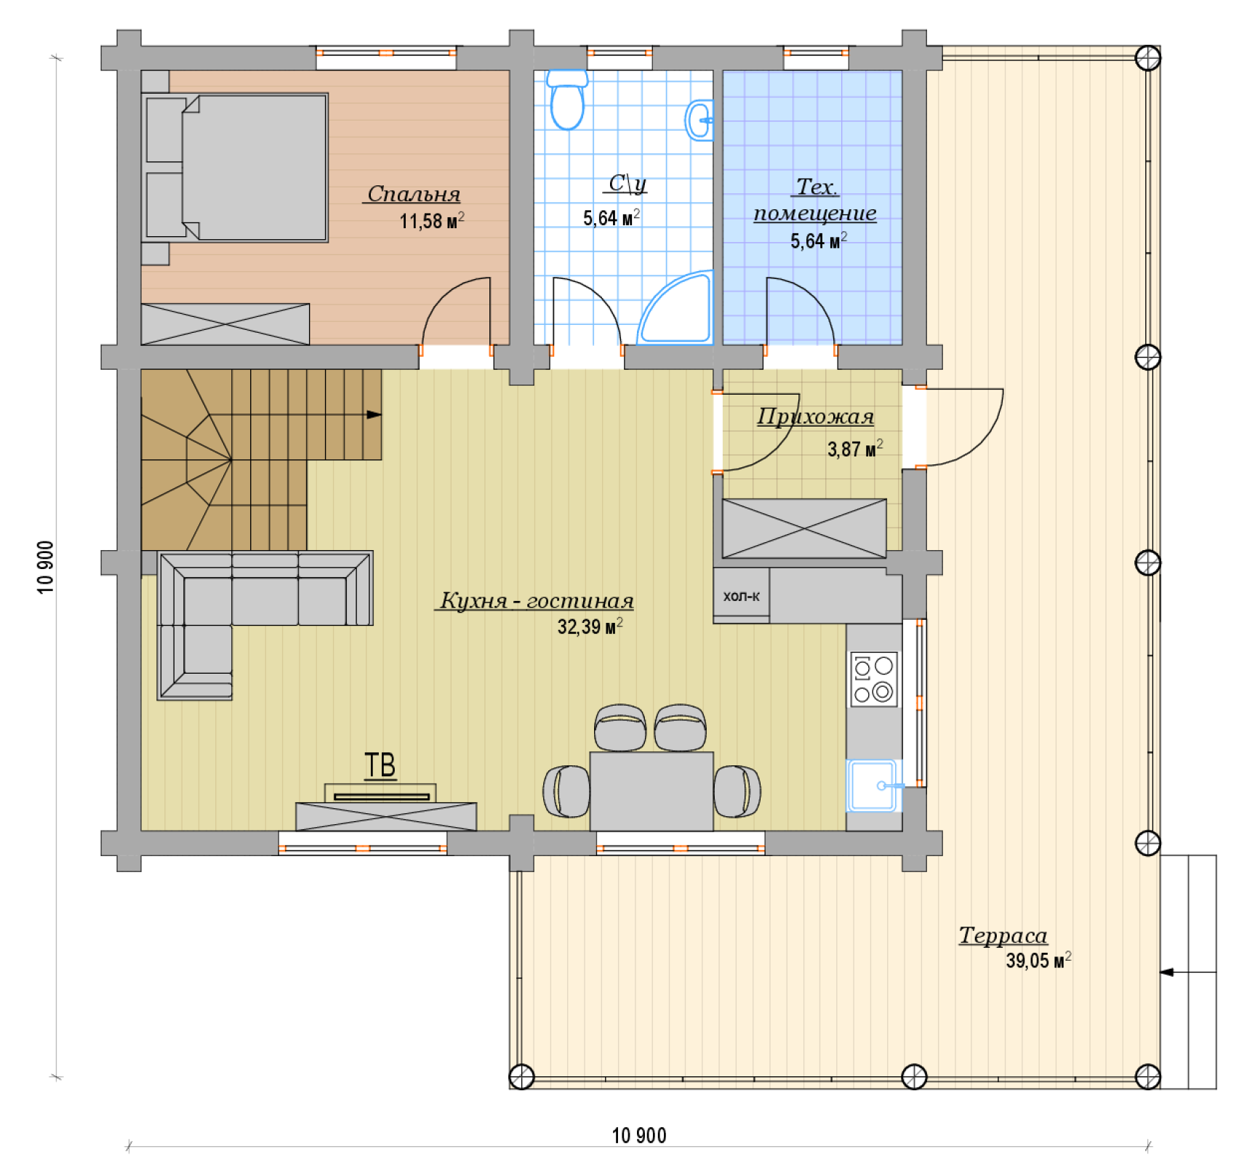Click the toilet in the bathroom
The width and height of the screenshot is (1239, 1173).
tap(567, 100)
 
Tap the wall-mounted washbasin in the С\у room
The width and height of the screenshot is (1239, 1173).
tap(699, 120)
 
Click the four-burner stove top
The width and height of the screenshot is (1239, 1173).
tap(874, 680)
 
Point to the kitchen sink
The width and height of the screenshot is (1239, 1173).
tap(873, 786)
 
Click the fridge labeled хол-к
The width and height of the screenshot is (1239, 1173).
tap(742, 596)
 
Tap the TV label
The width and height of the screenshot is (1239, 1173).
tap(380, 765)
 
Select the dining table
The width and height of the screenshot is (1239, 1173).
tap(651, 791)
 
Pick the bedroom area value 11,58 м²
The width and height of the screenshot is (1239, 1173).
tap(432, 220)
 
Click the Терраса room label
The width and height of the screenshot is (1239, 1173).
tap(1003, 935)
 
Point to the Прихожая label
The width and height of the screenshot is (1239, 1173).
tap(815, 416)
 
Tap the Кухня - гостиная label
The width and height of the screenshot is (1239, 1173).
tap(537, 600)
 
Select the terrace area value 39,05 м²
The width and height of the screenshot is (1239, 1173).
tap(1038, 960)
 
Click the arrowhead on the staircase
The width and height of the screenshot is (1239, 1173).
tap(374, 414)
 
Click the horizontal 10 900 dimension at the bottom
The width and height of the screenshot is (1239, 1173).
tap(639, 1135)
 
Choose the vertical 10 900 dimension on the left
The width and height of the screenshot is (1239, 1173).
tap(46, 568)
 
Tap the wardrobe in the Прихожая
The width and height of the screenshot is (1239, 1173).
tap(804, 528)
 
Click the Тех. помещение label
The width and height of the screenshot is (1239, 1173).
tap(815, 200)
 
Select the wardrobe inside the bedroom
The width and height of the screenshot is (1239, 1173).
tap(225, 324)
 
